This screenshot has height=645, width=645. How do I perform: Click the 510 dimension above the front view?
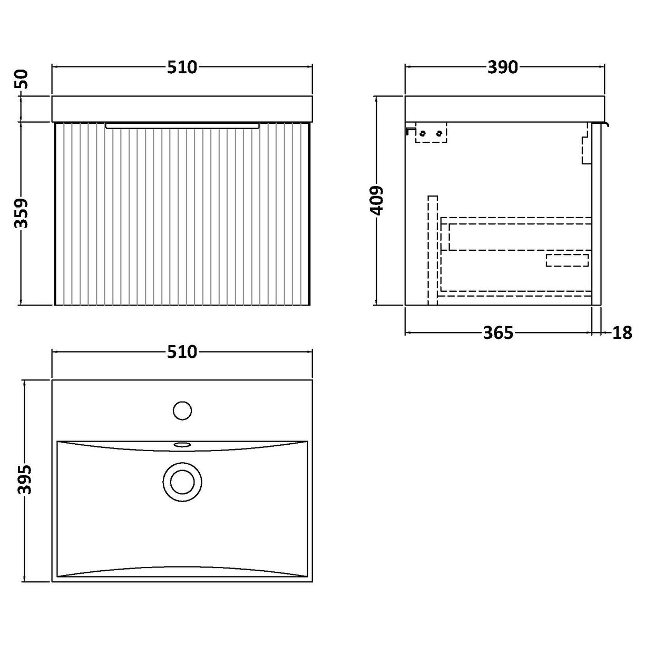[x=182, y=67]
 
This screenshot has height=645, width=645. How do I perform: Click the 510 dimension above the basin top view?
[x=182, y=351]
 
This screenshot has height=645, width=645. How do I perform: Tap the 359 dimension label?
[x=22, y=213]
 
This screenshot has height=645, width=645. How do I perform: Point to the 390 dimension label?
[x=504, y=67]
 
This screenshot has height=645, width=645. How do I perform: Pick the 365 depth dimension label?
[x=498, y=333]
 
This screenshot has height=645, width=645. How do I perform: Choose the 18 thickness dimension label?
[x=622, y=333]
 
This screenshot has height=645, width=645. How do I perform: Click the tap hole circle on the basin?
[x=182, y=411]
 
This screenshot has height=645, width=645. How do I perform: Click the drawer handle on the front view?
[x=182, y=125]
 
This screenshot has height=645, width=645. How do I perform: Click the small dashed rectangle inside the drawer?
[x=567, y=260]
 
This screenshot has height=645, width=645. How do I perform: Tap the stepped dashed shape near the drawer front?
[x=585, y=145]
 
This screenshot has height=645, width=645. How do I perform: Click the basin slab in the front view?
[x=182, y=109]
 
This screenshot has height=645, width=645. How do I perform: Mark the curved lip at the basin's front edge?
[x=607, y=125]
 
